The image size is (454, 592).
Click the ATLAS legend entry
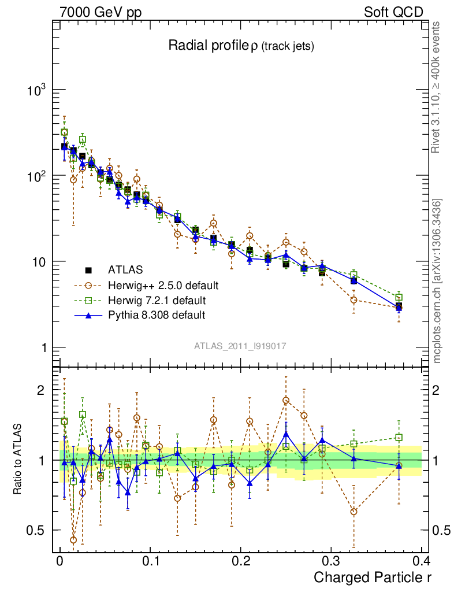[126, 269]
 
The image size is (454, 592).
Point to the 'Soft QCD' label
[393, 12]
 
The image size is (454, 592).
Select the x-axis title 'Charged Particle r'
[373, 576]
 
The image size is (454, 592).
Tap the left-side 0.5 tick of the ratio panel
[39, 530]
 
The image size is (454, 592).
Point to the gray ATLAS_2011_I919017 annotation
[240, 346]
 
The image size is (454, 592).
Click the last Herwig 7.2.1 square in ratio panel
[399, 438]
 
